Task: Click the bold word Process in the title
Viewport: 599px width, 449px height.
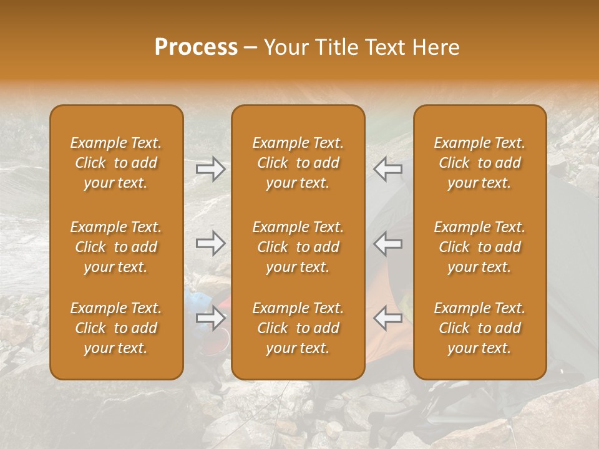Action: [x=196, y=47]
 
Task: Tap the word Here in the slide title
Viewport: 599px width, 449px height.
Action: [x=436, y=47]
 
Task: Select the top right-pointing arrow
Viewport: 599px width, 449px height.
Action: [x=211, y=169]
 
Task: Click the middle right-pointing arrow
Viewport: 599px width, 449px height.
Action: [x=211, y=243]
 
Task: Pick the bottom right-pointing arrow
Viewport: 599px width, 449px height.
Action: [x=211, y=319]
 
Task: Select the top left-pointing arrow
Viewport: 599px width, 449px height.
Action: [x=387, y=169]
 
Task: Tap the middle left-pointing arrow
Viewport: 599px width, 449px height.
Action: [x=387, y=243]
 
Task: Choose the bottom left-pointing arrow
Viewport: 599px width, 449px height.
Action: [x=387, y=319]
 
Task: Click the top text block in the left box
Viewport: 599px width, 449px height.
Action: [x=116, y=163]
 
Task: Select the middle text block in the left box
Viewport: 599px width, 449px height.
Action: [x=116, y=247]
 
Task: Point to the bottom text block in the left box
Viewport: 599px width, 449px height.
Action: [x=116, y=328]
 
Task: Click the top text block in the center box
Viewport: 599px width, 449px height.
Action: [x=298, y=163]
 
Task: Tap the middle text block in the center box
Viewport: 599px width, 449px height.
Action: [x=298, y=247]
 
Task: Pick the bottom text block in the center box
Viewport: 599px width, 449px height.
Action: [x=298, y=328]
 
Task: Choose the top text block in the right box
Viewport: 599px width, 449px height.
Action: [x=479, y=163]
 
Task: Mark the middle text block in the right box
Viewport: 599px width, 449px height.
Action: [x=479, y=247]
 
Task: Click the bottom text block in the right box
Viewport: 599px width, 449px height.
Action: [x=479, y=328]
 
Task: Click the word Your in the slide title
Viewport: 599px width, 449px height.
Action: [x=285, y=47]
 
